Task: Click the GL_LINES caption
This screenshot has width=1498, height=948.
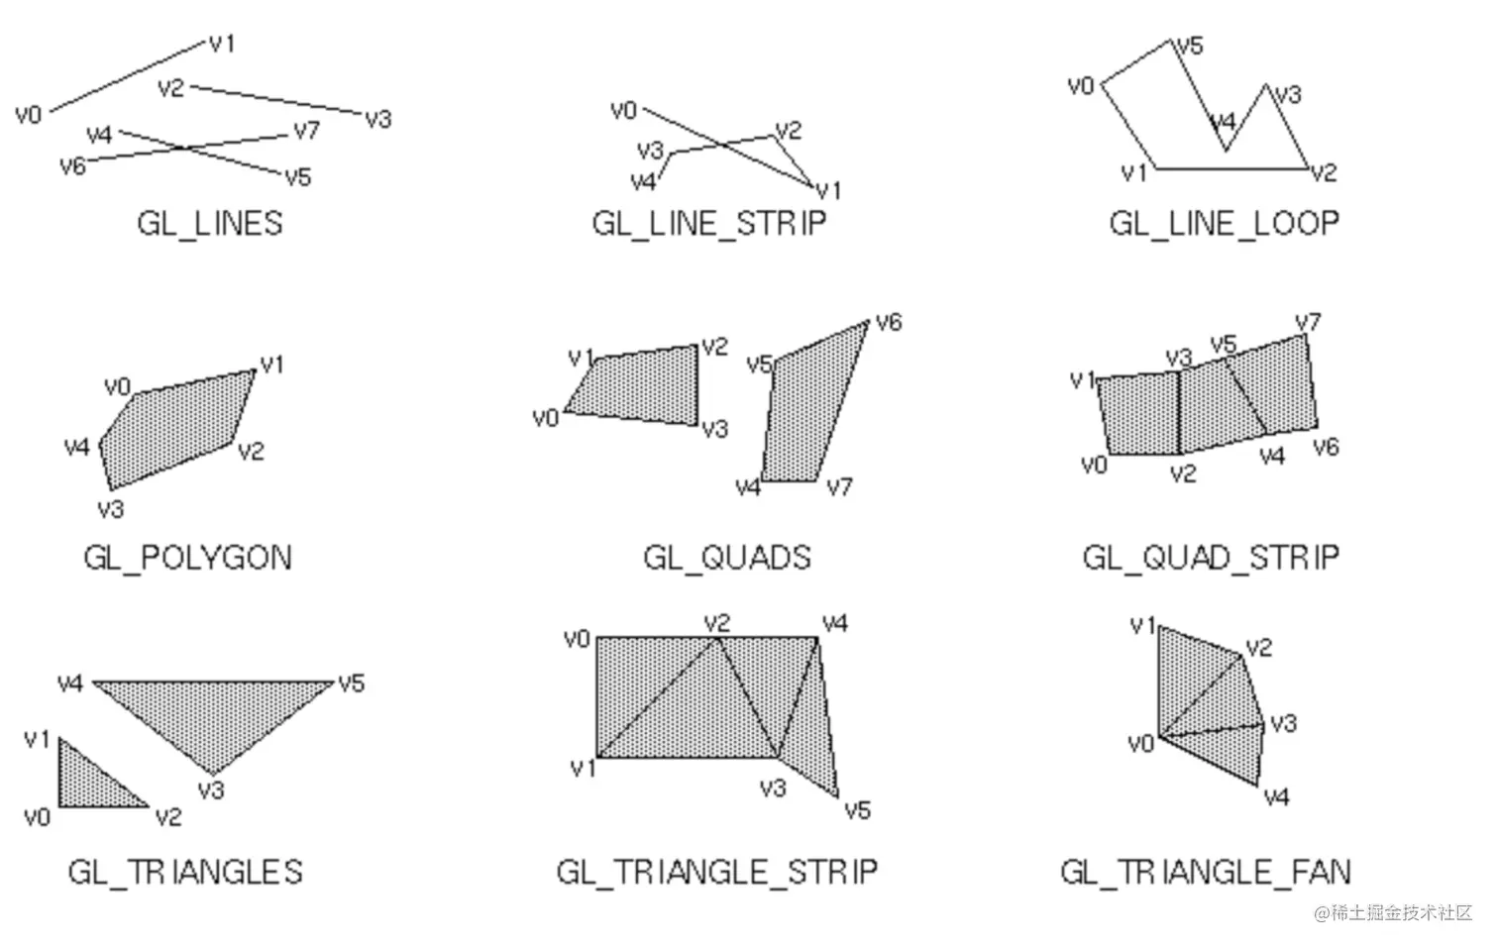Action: (209, 223)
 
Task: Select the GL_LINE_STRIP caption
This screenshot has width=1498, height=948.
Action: (709, 223)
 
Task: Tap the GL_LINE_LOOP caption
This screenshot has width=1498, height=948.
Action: (1224, 223)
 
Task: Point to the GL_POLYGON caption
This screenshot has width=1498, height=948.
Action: (187, 558)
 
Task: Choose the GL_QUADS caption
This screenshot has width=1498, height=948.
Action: (726, 558)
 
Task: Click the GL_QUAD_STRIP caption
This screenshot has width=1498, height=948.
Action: (1211, 558)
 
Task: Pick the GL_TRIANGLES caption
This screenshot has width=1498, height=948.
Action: (185, 872)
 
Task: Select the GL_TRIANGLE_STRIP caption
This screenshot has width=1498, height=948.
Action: (716, 872)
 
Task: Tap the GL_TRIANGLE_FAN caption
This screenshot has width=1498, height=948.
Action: (1205, 872)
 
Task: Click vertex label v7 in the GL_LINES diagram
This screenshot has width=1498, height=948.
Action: (306, 131)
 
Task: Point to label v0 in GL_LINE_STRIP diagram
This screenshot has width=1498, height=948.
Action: (623, 110)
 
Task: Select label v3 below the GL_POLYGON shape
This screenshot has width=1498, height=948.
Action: (111, 509)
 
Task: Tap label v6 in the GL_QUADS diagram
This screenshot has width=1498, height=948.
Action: (889, 322)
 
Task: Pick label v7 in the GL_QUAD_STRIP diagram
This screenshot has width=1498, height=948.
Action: (1308, 322)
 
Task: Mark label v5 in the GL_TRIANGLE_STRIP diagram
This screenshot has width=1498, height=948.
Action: (857, 810)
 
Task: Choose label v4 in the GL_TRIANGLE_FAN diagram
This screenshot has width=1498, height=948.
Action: (1276, 796)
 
